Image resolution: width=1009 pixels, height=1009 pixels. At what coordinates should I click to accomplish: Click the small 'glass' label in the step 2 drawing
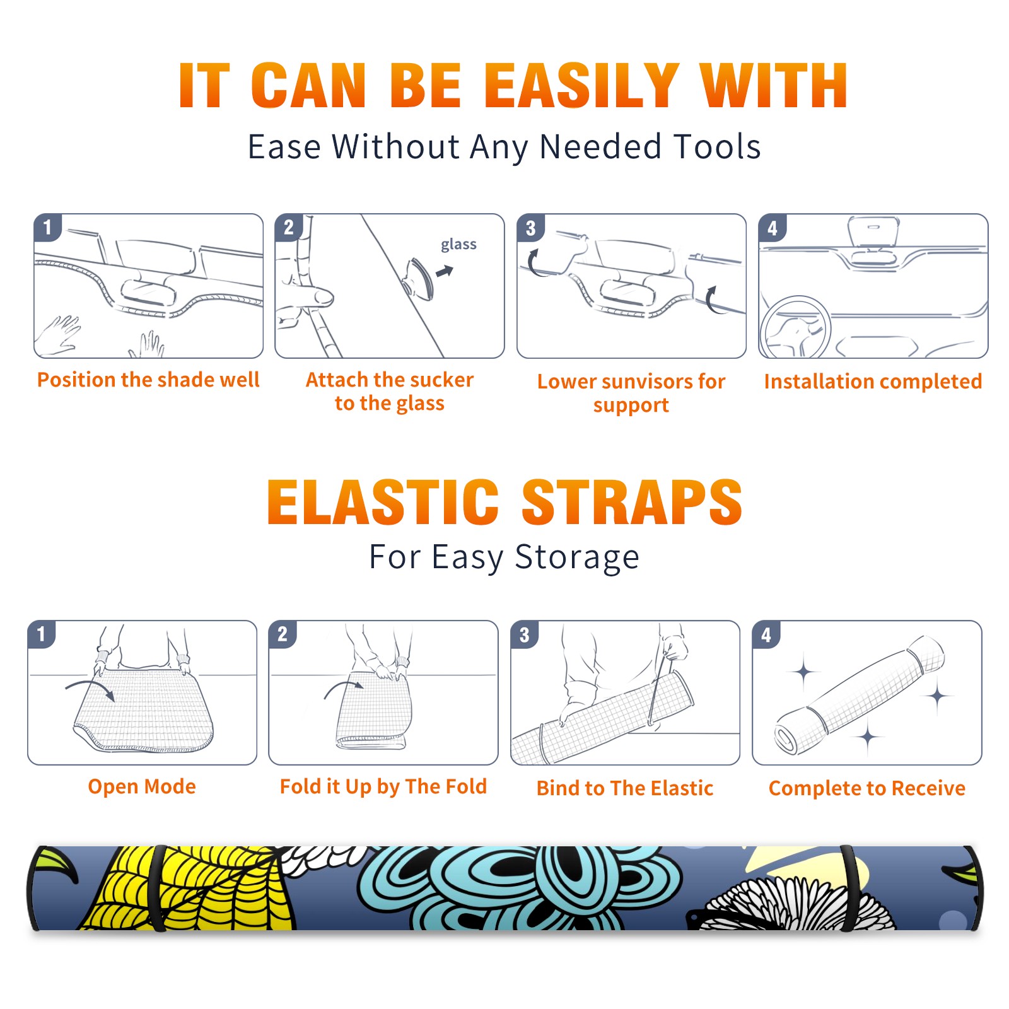point(458,245)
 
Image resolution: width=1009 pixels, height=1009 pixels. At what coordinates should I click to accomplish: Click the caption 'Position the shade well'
point(148,380)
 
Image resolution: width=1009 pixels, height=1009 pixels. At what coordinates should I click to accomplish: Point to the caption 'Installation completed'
point(873,382)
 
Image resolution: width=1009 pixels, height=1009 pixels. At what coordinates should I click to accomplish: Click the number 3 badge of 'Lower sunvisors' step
point(530,228)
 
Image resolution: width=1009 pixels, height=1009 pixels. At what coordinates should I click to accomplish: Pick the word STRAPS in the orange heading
point(632,502)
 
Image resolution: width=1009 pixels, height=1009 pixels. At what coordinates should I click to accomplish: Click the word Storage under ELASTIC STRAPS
point(576,557)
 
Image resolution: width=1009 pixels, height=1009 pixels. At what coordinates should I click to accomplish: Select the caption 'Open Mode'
point(142,786)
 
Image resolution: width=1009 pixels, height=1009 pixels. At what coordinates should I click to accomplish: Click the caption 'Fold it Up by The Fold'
point(383,786)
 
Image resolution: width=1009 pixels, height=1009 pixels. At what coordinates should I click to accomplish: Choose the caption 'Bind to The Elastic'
point(625,788)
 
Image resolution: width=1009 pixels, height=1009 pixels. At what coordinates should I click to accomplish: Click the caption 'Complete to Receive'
point(867,788)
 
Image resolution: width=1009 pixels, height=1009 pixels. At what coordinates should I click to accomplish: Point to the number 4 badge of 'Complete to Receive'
point(766,634)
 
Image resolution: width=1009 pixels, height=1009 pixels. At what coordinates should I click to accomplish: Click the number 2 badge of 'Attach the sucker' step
point(289,228)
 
